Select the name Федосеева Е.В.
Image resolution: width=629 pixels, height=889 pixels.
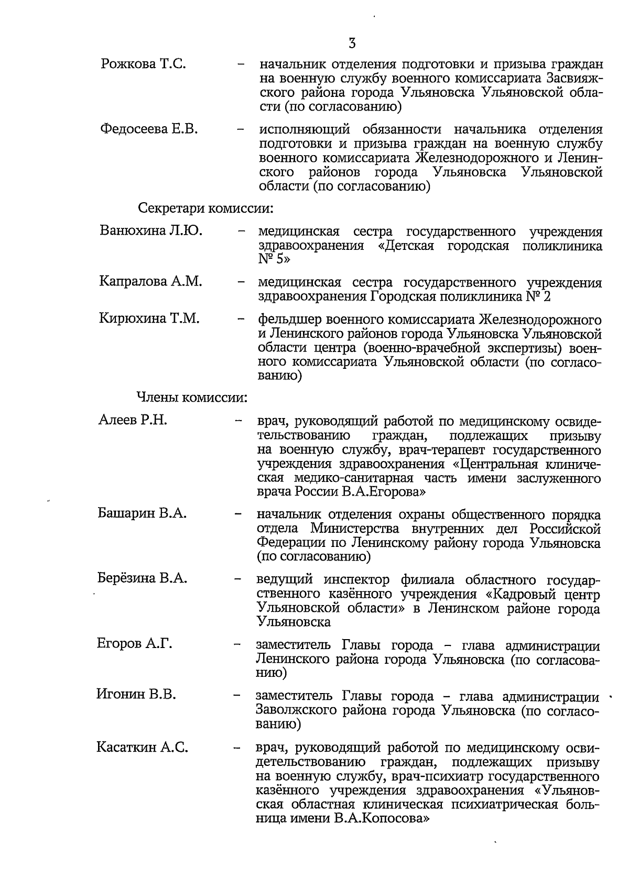point(149,129)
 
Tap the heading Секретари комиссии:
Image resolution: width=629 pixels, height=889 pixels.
point(205,208)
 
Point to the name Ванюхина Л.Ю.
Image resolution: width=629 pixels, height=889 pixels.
point(151,231)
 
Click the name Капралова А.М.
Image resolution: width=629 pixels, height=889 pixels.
point(150,281)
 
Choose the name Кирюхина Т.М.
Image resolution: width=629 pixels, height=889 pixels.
point(149,318)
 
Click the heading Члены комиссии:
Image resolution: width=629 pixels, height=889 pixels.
point(192,398)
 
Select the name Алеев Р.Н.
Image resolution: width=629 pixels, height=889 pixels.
point(133,420)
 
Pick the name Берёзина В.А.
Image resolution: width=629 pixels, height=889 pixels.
point(142,578)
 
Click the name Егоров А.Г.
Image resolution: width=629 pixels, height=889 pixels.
point(135,643)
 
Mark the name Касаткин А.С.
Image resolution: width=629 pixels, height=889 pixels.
point(142,748)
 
